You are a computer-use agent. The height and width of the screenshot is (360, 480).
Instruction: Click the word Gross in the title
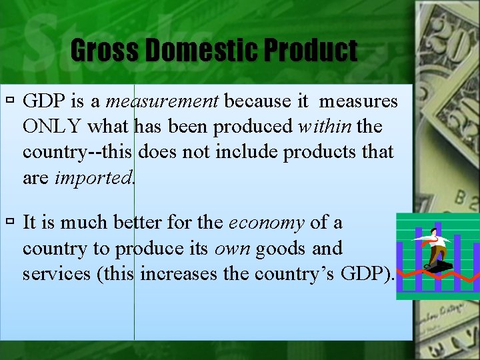(x=100, y=51)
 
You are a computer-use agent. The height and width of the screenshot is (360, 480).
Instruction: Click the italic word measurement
(x=162, y=102)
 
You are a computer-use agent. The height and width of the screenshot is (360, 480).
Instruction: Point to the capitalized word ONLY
(x=53, y=127)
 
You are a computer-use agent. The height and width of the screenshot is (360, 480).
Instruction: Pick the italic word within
(x=325, y=127)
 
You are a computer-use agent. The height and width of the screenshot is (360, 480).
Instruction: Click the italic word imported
(x=94, y=177)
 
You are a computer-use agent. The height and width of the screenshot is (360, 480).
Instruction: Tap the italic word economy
(x=267, y=223)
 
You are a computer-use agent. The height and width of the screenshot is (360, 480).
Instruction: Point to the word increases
(x=179, y=273)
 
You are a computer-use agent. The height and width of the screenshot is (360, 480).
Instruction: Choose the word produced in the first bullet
(x=257, y=127)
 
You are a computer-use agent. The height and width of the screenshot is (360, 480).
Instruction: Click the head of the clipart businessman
(x=434, y=231)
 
